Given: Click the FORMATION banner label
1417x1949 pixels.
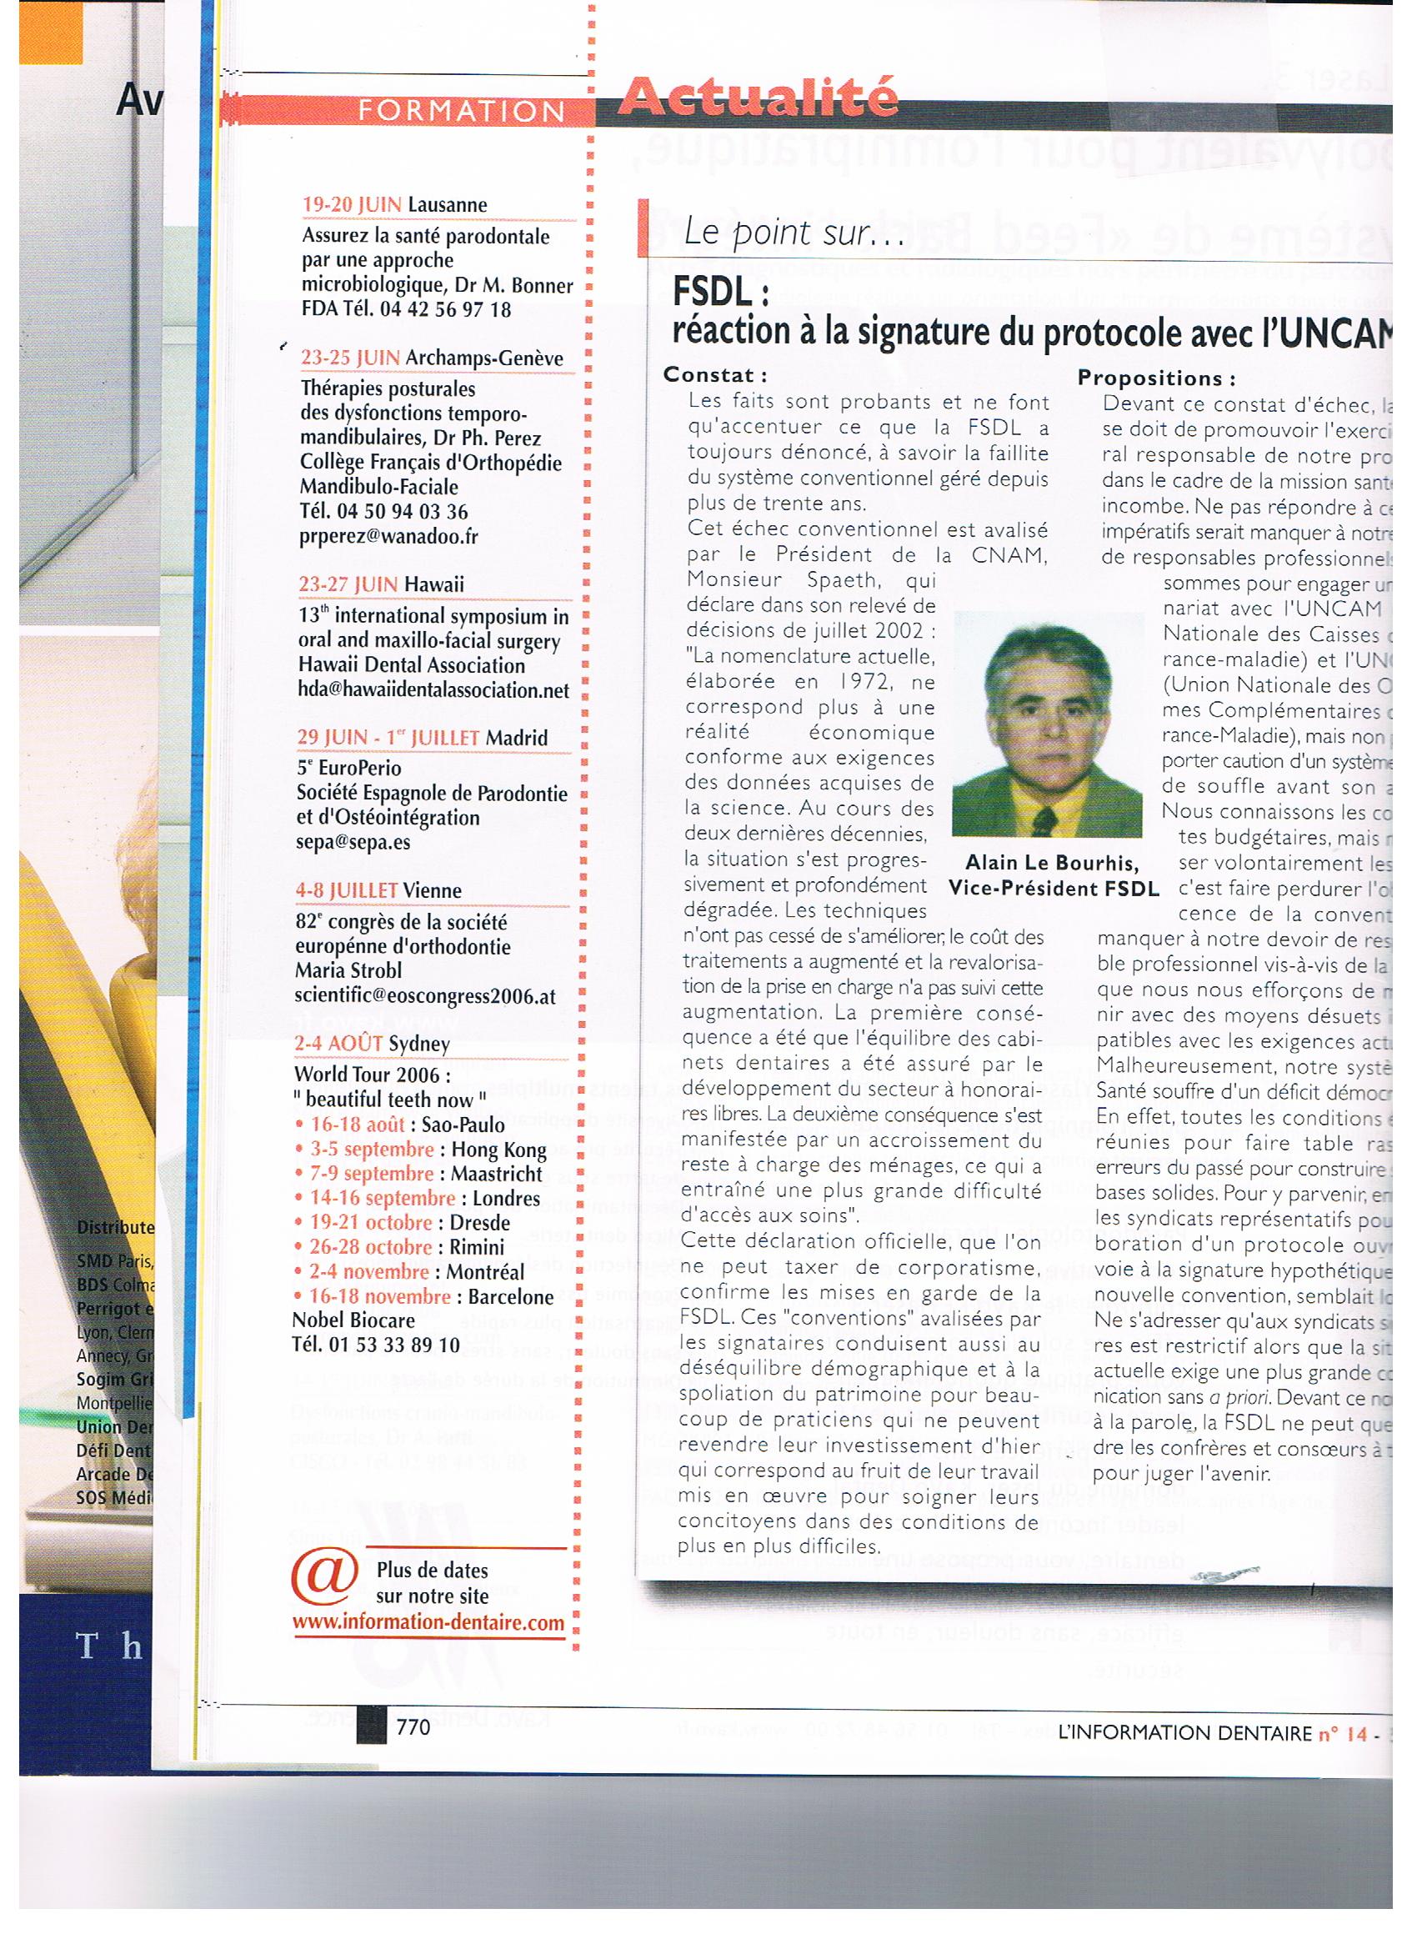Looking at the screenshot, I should [x=461, y=112].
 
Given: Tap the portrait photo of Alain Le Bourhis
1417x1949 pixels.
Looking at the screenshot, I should [x=1048, y=724].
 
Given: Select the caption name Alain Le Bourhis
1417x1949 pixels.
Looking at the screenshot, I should [x=1052, y=863].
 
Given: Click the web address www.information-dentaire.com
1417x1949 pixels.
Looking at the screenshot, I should [x=428, y=1623].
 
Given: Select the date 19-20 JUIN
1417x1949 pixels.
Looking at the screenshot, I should [x=352, y=205].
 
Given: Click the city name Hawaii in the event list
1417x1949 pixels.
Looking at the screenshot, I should [x=433, y=584].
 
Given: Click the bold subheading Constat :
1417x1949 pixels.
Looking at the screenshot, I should [x=715, y=374].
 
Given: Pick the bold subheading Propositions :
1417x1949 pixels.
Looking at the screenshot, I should [x=1157, y=378].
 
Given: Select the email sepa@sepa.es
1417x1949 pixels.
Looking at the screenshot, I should [x=353, y=841].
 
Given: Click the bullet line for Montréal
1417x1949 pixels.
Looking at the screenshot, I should [x=409, y=1271].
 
